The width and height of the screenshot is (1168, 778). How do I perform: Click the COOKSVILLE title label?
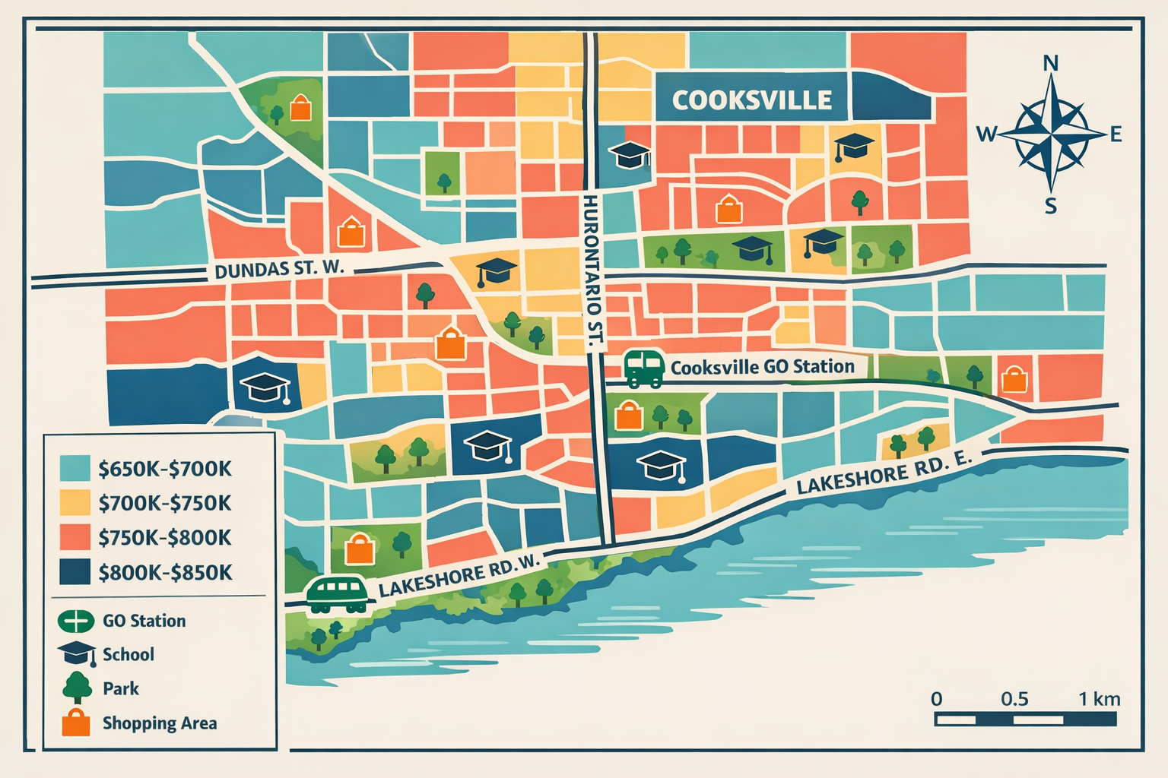point(751,100)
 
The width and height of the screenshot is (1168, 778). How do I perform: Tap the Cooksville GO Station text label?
point(762,367)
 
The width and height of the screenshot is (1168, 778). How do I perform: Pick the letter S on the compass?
point(1050,206)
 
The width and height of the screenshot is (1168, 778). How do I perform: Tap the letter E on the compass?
point(1116,135)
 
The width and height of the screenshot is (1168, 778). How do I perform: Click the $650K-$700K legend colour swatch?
point(75,468)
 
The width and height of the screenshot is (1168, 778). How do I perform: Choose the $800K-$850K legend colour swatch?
point(75,572)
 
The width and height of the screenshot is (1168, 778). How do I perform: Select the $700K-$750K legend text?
point(164,503)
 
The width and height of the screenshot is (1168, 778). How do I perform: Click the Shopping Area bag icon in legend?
point(75,723)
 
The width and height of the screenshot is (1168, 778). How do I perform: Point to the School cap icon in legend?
point(77,653)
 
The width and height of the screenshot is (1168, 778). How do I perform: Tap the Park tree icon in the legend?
point(77,688)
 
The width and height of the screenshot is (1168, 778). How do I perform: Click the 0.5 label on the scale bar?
point(1014,699)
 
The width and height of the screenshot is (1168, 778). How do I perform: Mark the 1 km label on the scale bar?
point(1099,699)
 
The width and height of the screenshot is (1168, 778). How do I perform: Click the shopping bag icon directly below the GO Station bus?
point(628,416)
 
